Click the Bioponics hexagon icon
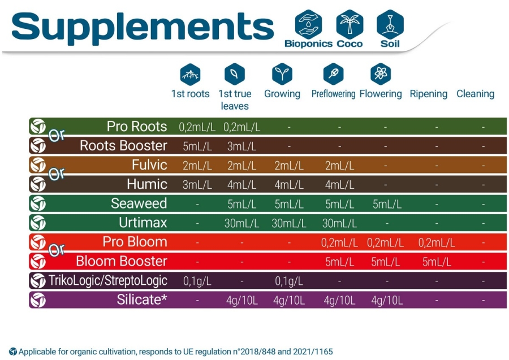308,24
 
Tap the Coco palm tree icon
350,24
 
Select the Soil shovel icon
390,24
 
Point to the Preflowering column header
333,94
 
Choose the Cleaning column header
475,94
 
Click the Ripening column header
428,94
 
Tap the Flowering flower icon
381,74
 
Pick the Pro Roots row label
137,127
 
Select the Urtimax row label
143,223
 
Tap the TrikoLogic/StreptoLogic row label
108,280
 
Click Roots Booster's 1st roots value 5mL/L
197,146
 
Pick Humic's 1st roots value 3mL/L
197,185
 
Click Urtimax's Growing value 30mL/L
288,223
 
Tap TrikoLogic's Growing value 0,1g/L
288,281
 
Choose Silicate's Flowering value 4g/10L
387,300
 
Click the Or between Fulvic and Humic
57,174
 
